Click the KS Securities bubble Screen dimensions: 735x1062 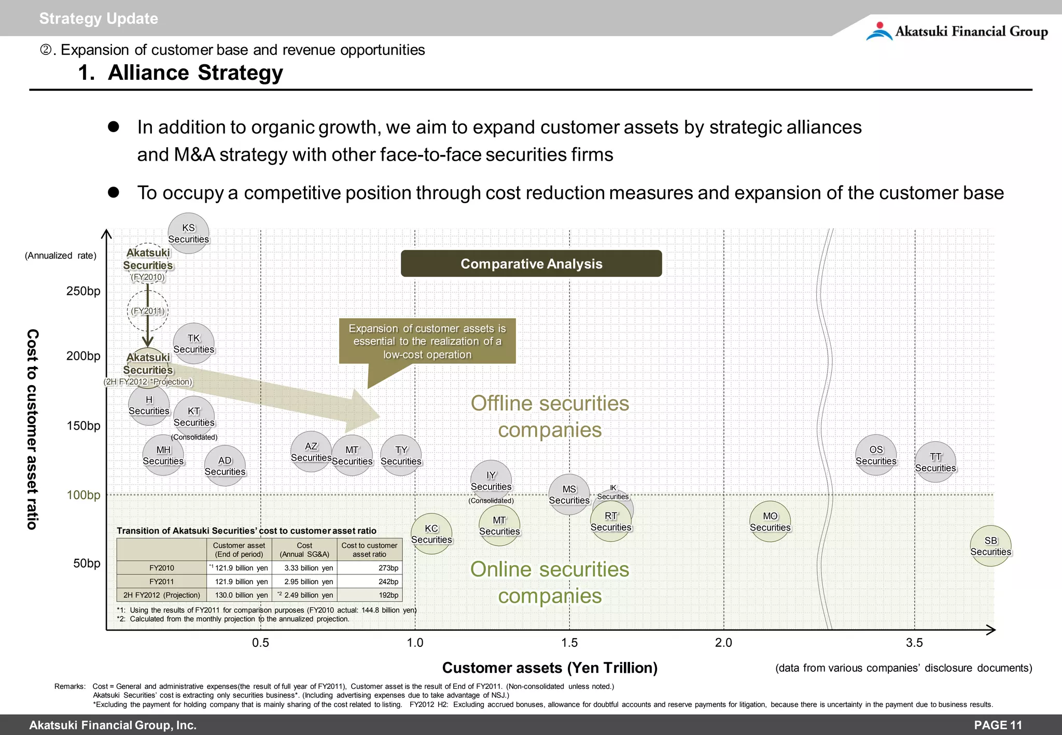[188, 233]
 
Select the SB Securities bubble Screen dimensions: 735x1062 [990, 546]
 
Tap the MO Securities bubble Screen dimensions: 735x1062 [770, 521]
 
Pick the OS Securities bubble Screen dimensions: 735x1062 [876, 455]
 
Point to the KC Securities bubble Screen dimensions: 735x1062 [431, 534]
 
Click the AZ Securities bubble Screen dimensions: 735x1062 [311, 451]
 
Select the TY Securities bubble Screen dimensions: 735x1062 [401, 456]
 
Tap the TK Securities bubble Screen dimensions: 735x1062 [193, 344]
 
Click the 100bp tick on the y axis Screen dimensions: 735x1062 [83, 495]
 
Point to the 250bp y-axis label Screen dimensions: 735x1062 [83, 291]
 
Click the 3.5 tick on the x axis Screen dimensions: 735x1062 [914, 643]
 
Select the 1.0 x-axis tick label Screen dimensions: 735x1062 [415, 643]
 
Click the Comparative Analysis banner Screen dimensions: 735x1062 [531, 264]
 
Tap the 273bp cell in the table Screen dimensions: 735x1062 [388, 568]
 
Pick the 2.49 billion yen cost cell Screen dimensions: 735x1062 [308, 595]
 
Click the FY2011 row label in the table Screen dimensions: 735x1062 [161, 582]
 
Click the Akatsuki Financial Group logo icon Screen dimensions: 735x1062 [879, 31]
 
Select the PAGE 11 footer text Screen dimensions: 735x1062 [998, 725]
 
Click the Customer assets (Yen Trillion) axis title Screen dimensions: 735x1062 [550, 668]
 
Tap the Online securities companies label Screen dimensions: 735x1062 [550, 583]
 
